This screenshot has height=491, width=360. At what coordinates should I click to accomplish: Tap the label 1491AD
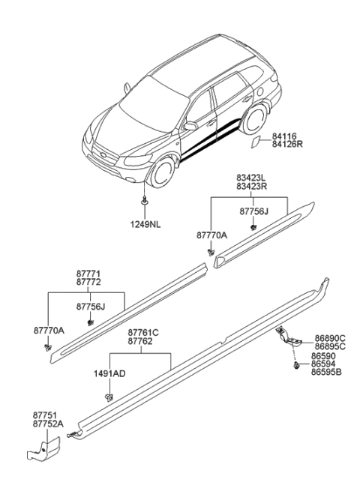pos(110,373)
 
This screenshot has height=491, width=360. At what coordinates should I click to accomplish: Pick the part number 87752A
pos(48,423)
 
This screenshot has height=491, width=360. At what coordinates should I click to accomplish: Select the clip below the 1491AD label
pos(111,396)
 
